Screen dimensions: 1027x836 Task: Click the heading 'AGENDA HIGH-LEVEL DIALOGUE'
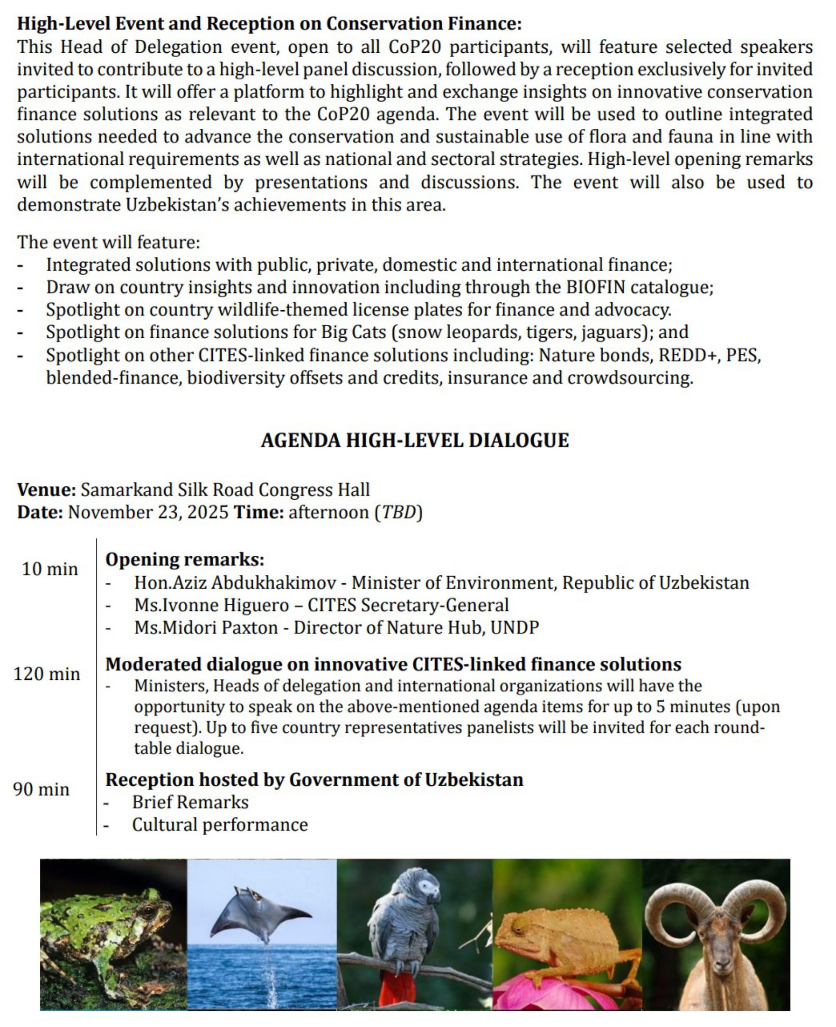[x=415, y=440]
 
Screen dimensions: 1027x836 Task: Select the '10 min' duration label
[x=50, y=569]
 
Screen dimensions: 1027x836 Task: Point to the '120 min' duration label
[x=47, y=673]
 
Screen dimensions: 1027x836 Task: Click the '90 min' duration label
[x=41, y=789]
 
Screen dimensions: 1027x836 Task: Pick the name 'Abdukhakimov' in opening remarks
[x=273, y=582]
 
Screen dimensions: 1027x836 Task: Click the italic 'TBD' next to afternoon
[x=398, y=512]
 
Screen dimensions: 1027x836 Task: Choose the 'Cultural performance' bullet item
[x=219, y=825]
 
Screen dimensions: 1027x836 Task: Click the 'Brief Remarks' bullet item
[x=190, y=802]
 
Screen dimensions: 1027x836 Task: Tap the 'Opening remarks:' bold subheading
[x=185, y=559]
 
